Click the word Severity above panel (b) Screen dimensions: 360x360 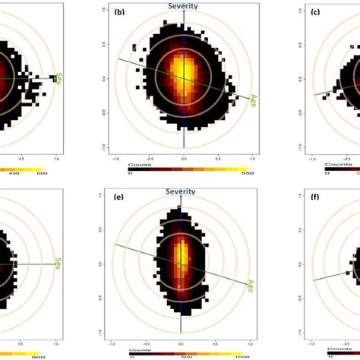click(183, 6)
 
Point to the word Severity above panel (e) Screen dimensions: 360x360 click(183, 191)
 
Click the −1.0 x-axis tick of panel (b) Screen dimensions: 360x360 click(115, 159)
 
